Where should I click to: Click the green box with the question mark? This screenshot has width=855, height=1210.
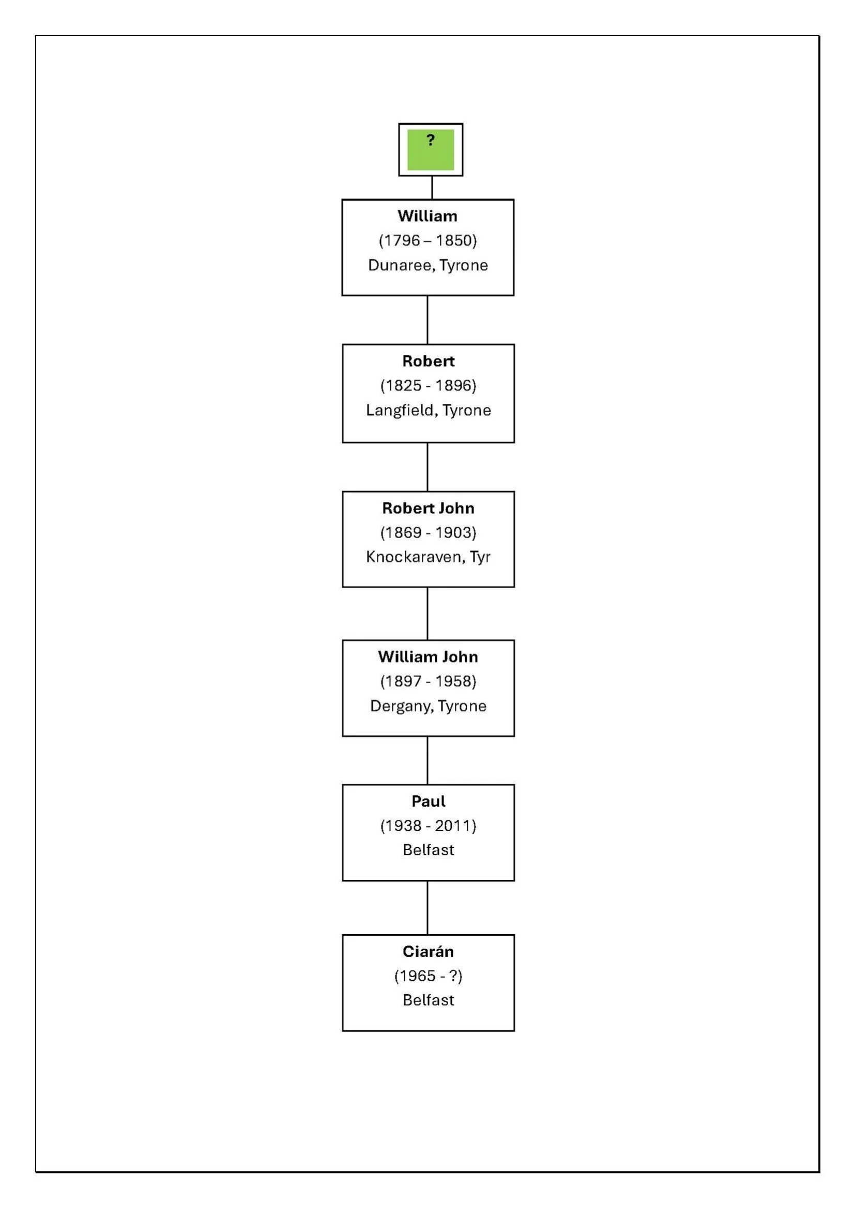click(x=431, y=150)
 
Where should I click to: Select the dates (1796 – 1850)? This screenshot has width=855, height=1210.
click(x=428, y=240)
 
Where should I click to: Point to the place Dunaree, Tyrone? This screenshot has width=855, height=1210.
click(x=428, y=265)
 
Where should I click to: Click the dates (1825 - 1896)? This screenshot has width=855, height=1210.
click(x=429, y=385)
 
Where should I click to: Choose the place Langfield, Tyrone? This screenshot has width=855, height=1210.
click(x=429, y=410)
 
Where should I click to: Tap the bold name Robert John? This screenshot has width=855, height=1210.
click(x=429, y=508)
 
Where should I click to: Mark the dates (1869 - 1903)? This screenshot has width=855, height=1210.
click(x=429, y=532)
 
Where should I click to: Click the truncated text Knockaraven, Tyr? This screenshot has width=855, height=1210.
click(x=429, y=557)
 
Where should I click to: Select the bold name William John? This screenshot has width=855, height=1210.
click(x=428, y=657)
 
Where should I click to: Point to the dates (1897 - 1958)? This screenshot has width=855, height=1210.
click(x=429, y=681)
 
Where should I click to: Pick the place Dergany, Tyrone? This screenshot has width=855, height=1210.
click(x=429, y=705)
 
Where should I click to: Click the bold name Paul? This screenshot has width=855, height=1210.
click(x=429, y=801)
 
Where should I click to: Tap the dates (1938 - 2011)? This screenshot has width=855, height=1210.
click(x=429, y=825)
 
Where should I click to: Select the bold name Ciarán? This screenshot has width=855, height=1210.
click(x=429, y=951)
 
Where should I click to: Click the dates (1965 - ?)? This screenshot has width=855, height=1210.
click(x=429, y=976)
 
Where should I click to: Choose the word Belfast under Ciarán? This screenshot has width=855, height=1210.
click(x=429, y=1000)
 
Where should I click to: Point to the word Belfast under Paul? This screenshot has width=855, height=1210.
click(x=429, y=850)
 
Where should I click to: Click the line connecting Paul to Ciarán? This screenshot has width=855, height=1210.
click(x=427, y=907)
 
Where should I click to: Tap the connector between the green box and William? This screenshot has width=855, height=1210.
click(x=432, y=187)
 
